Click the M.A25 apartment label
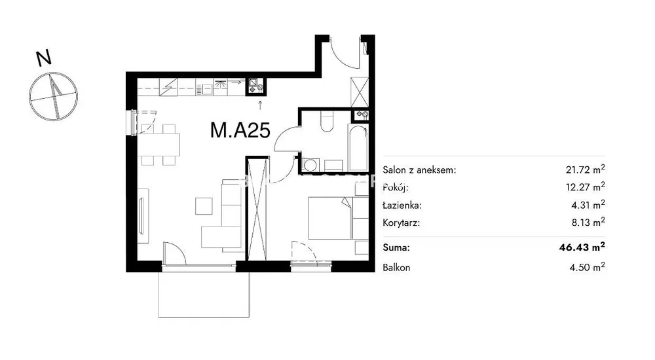click(x=240, y=130)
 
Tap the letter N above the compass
click(x=43, y=58)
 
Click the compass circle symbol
click(x=54, y=96)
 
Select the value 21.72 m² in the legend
click(x=585, y=169)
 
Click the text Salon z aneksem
click(x=419, y=170)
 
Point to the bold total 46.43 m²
click(x=582, y=247)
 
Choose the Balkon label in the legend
click(x=396, y=268)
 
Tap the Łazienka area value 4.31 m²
click(x=588, y=205)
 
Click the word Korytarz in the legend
click(x=402, y=223)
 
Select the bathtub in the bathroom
click(x=358, y=147)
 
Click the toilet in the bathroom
click(x=326, y=121)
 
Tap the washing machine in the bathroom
click(x=310, y=164)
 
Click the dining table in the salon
click(x=159, y=145)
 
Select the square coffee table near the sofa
click(x=204, y=206)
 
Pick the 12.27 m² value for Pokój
click(x=585, y=187)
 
